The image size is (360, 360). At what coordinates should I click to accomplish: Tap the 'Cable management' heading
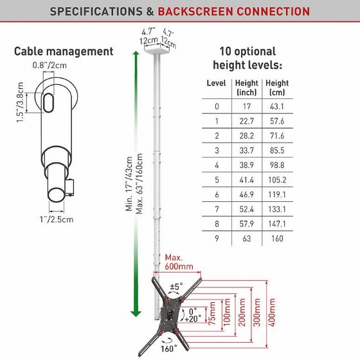pyautogui.click(x=64, y=51)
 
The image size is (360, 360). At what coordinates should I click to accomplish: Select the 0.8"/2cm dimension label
pyautogui.click(x=50, y=65)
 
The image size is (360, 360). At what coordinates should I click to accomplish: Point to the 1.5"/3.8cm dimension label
pyautogui.click(x=20, y=102)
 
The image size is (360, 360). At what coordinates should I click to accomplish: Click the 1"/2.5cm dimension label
pyautogui.click(x=57, y=219)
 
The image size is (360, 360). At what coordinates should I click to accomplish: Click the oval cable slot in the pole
pyautogui.click(x=48, y=103)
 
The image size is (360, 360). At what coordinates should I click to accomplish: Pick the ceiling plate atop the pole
pyautogui.click(x=157, y=51)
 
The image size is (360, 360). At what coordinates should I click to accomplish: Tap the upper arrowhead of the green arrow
pyautogui.click(x=136, y=54)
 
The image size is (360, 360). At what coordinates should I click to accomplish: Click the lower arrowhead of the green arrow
pyautogui.click(x=136, y=314)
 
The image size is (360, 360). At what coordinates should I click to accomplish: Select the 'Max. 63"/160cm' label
pyautogui.click(x=139, y=184)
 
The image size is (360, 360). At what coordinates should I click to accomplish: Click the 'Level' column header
pyautogui.click(x=216, y=83)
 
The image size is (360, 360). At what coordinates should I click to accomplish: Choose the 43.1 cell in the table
pyautogui.click(x=277, y=107)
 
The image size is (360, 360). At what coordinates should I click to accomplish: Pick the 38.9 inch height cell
pyautogui.click(x=247, y=165)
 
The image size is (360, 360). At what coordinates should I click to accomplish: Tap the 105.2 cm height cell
pyautogui.click(x=277, y=180)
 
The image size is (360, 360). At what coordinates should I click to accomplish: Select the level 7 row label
pyautogui.click(x=217, y=209)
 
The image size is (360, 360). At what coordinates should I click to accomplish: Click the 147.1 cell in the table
pyautogui.click(x=277, y=224)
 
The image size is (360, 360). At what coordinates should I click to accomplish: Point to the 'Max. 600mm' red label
pyautogui.click(x=179, y=262)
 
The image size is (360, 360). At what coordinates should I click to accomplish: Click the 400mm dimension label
pyautogui.click(x=273, y=312)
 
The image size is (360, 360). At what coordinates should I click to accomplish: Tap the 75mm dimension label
pyautogui.click(x=212, y=313)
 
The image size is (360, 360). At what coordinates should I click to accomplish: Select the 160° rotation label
pyautogui.click(x=168, y=348)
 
